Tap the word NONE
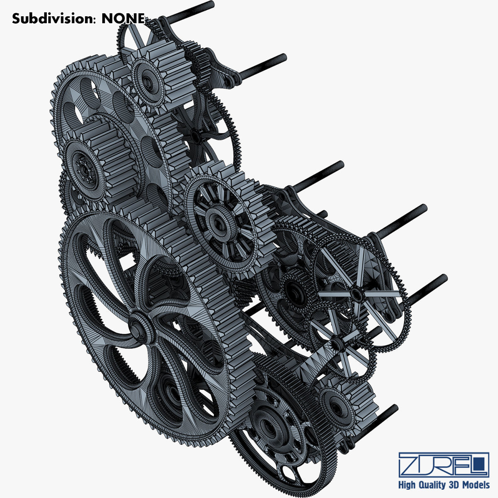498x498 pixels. click(123, 19)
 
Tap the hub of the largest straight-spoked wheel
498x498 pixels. click(356, 293)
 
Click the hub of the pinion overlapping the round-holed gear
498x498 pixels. click(84, 168)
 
